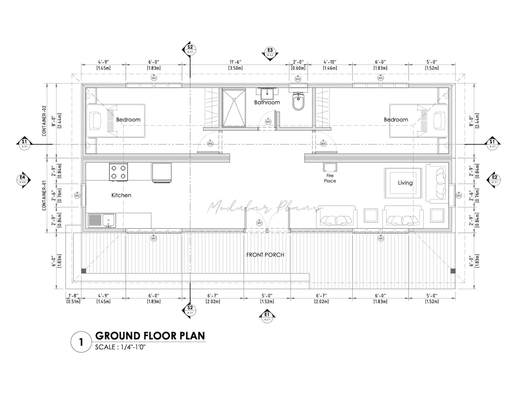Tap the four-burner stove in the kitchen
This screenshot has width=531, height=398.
(118, 172)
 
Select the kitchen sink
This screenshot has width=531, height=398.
(102, 221)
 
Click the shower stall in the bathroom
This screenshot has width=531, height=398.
(234, 108)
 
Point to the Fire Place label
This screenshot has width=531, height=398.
(330, 178)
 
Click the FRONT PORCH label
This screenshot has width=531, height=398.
(265, 255)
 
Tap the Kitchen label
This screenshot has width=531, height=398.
(121, 195)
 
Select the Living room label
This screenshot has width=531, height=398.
(405, 183)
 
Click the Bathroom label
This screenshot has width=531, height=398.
(267, 103)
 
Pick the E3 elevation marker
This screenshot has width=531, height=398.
(270, 52)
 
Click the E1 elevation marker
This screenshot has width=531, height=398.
(267, 316)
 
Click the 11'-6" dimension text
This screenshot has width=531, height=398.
(235, 62)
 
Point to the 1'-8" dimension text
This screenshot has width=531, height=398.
(73, 295)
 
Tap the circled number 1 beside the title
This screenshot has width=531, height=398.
(81, 342)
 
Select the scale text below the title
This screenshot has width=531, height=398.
(121, 347)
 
